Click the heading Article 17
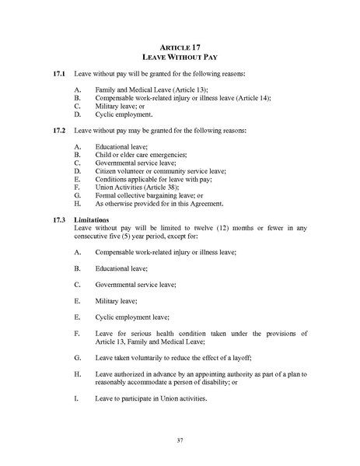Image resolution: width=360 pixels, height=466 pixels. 180,47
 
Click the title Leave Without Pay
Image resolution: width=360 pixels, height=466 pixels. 180,58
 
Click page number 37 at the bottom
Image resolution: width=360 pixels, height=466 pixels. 180,441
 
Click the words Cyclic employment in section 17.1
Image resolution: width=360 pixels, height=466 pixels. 120,114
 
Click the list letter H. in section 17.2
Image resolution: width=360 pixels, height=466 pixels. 76,204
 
